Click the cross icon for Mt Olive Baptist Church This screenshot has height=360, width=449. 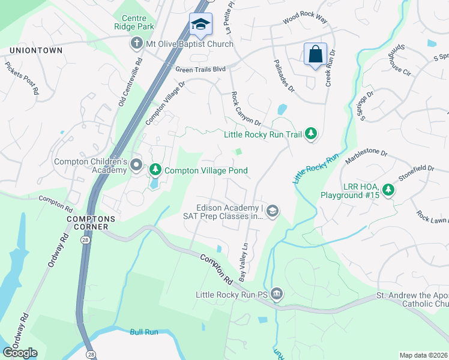point(136,44)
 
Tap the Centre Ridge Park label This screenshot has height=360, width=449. point(134,22)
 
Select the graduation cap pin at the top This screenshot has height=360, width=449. point(200,25)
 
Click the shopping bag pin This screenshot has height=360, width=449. point(315,55)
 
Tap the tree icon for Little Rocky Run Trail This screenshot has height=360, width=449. point(310,134)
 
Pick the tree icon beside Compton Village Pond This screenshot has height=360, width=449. point(155,170)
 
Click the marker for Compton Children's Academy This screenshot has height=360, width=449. point(136,165)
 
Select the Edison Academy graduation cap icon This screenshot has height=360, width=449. point(273,210)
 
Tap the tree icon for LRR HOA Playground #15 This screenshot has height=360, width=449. point(388,190)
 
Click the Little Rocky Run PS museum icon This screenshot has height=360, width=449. point(276,294)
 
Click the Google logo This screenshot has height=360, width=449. point(20,353)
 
